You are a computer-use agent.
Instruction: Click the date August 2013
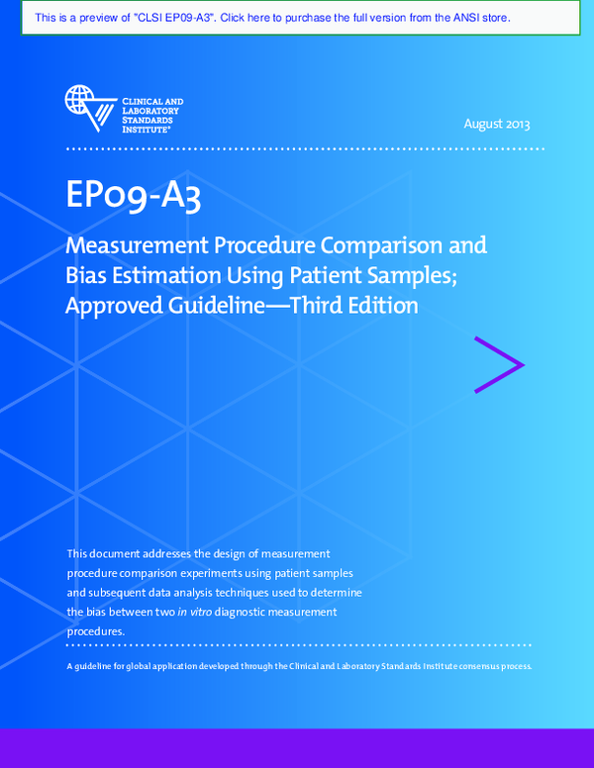click(x=497, y=124)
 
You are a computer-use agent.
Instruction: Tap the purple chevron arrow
click(x=499, y=365)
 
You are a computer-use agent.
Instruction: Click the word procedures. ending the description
click(x=96, y=630)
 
